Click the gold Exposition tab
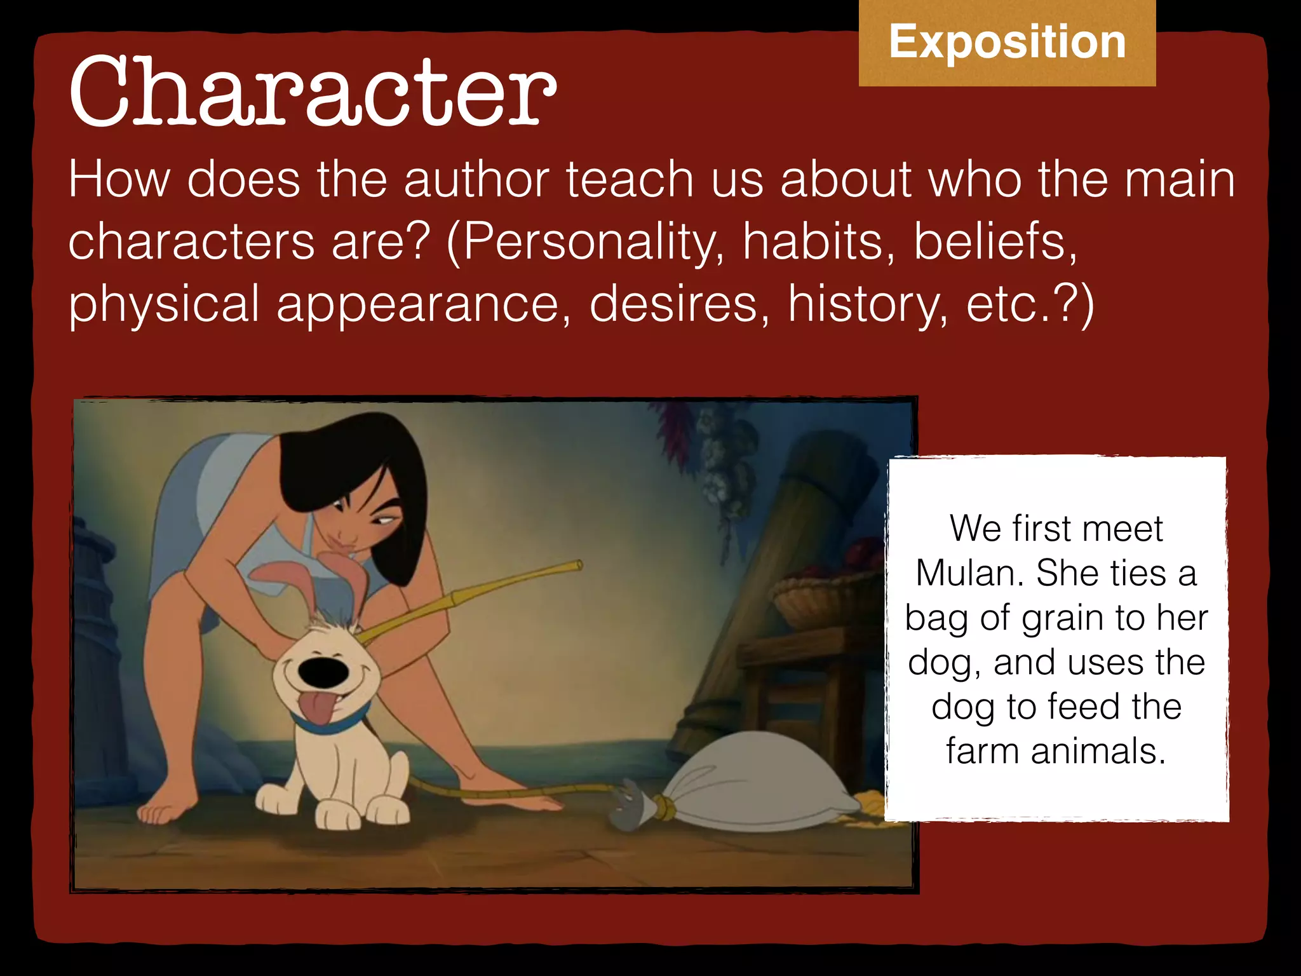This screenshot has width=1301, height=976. (1007, 43)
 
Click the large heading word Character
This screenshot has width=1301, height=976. (313, 92)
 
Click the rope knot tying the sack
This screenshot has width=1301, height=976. (664, 808)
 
